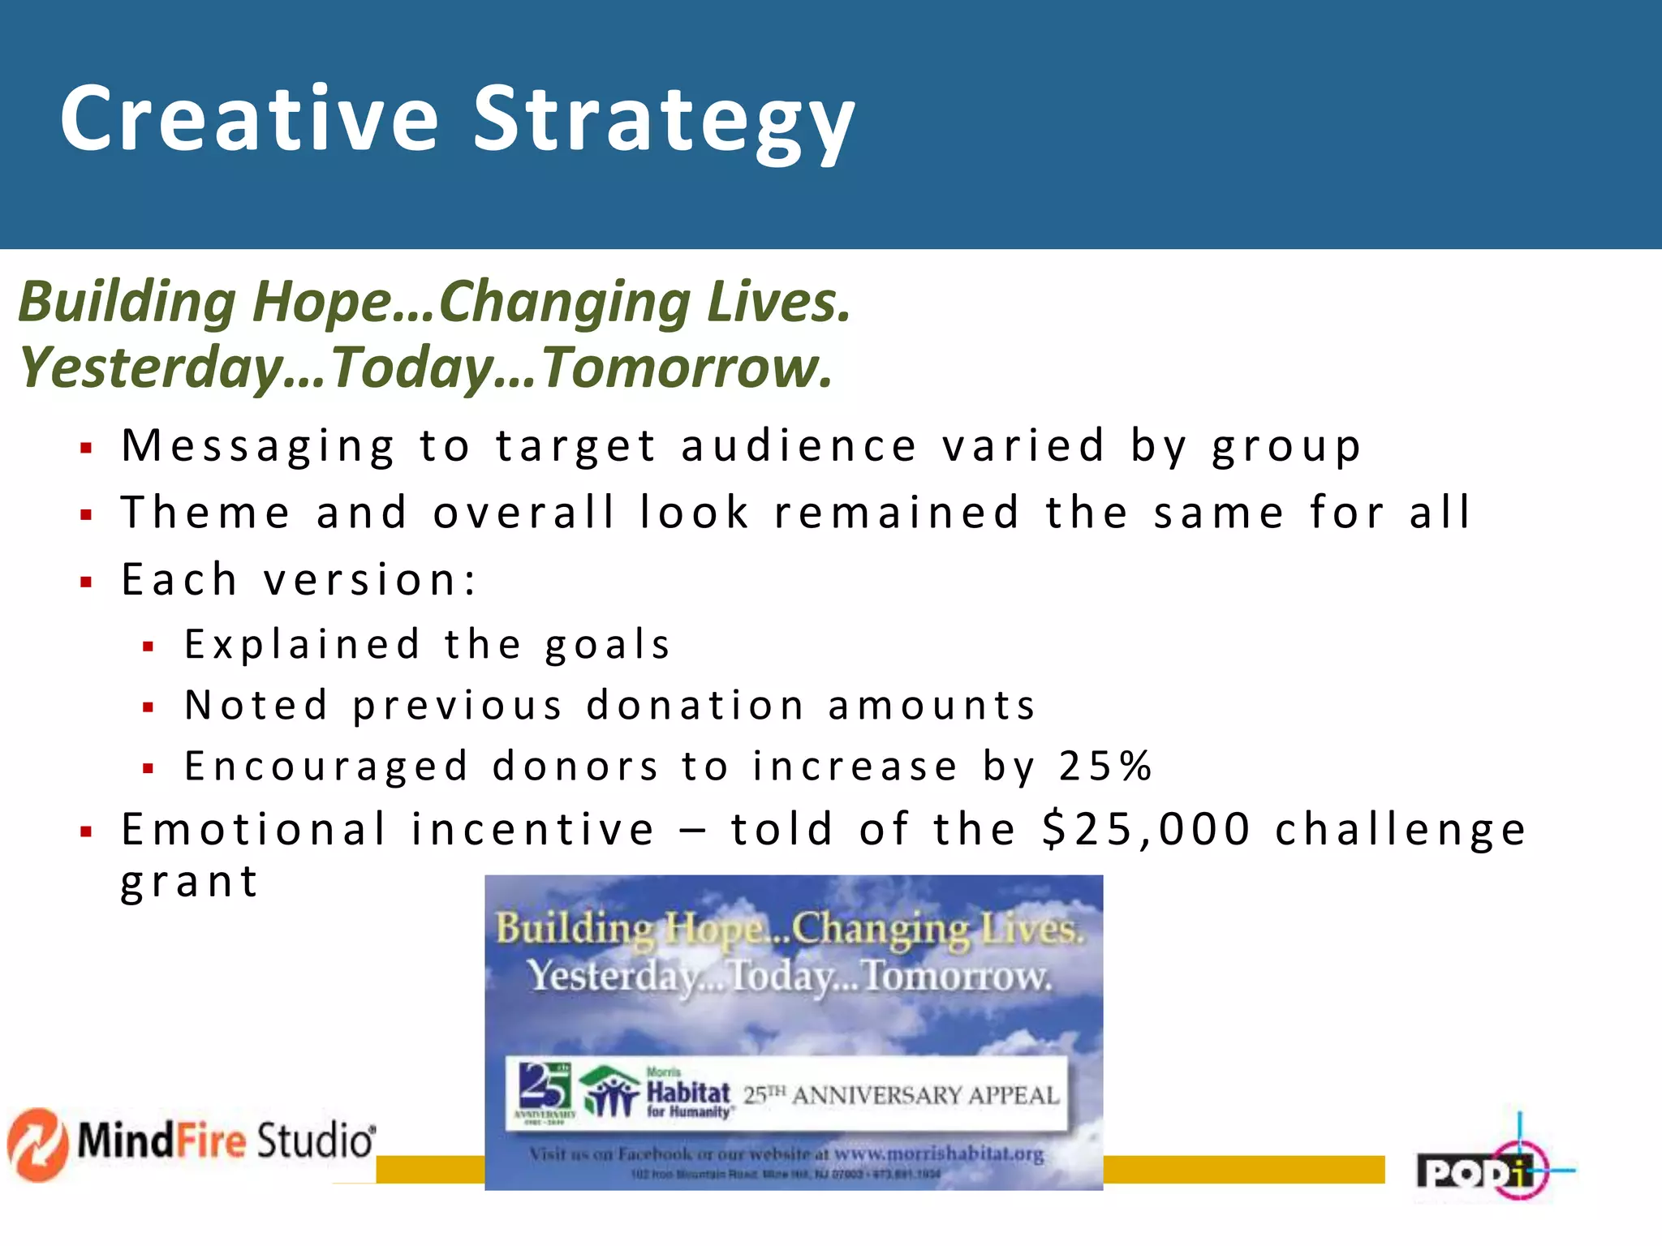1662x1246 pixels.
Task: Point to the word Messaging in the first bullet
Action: click(258, 446)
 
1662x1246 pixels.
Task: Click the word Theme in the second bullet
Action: click(205, 513)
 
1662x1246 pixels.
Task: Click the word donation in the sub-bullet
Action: click(695, 705)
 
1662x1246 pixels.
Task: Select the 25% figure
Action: click(1105, 766)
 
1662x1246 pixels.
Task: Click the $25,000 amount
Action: click(1146, 829)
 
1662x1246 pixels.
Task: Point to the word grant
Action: click(189, 882)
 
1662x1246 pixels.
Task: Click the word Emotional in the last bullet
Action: click(254, 829)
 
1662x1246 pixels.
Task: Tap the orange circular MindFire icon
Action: click(37, 1145)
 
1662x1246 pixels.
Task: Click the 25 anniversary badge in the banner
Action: click(544, 1091)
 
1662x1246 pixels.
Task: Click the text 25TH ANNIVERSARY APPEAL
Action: click(902, 1096)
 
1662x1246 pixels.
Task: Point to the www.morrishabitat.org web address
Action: click(938, 1154)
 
